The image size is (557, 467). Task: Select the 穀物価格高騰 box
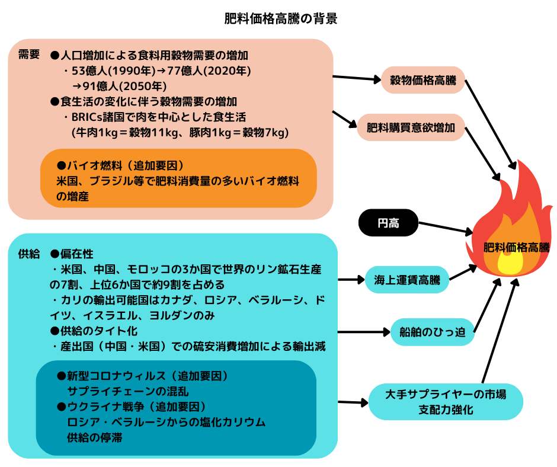point(423,81)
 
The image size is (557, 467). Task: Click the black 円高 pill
point(388,223)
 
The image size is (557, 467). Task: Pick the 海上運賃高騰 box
point(406,277)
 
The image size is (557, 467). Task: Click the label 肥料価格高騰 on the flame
point(517,248)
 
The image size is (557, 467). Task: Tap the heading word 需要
point(28,55)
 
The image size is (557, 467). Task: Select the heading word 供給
point(28,254)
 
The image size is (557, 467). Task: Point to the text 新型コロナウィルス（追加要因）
point(142,376)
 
